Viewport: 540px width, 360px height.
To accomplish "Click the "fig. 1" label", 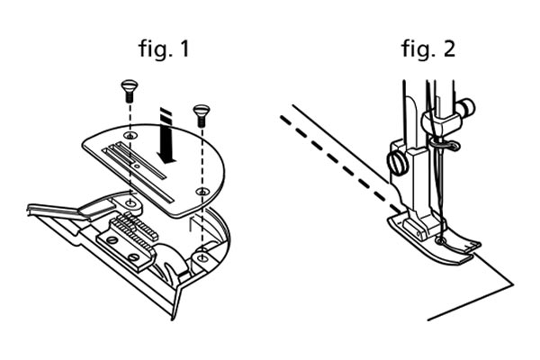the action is [x=165, y=49].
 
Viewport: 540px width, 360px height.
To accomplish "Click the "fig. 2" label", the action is [x=428, y=49].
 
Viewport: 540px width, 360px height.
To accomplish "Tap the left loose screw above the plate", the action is [x=130, y=90].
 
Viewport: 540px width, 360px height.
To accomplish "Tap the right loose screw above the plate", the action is [x=202, y=115].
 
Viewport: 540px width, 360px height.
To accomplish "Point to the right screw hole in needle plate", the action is [x=202, y=192].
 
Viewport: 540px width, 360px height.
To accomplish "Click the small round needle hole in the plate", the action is [x=138, y=166].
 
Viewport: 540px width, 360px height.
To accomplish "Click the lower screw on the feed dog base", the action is [x=134, y=256].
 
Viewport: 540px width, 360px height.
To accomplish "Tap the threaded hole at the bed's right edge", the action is [x=202, y=257].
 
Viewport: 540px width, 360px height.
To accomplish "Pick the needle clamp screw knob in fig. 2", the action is [x=466, y=107].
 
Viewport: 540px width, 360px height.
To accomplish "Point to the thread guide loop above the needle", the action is [x=445, y=146].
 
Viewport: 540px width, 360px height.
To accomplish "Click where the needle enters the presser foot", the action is [x=440, y=241].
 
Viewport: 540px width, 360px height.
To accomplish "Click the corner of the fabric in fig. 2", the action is [x=514, y=284].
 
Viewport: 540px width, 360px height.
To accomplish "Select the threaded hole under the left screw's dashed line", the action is [x=130, y=203].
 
